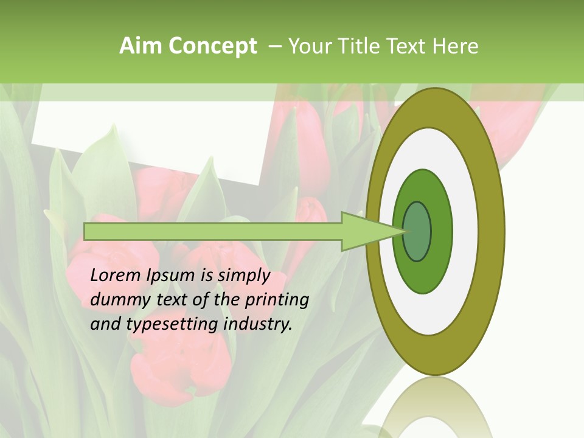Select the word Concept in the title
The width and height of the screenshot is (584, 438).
coord(213,47)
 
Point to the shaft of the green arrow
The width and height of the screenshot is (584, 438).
coord(213,231)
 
